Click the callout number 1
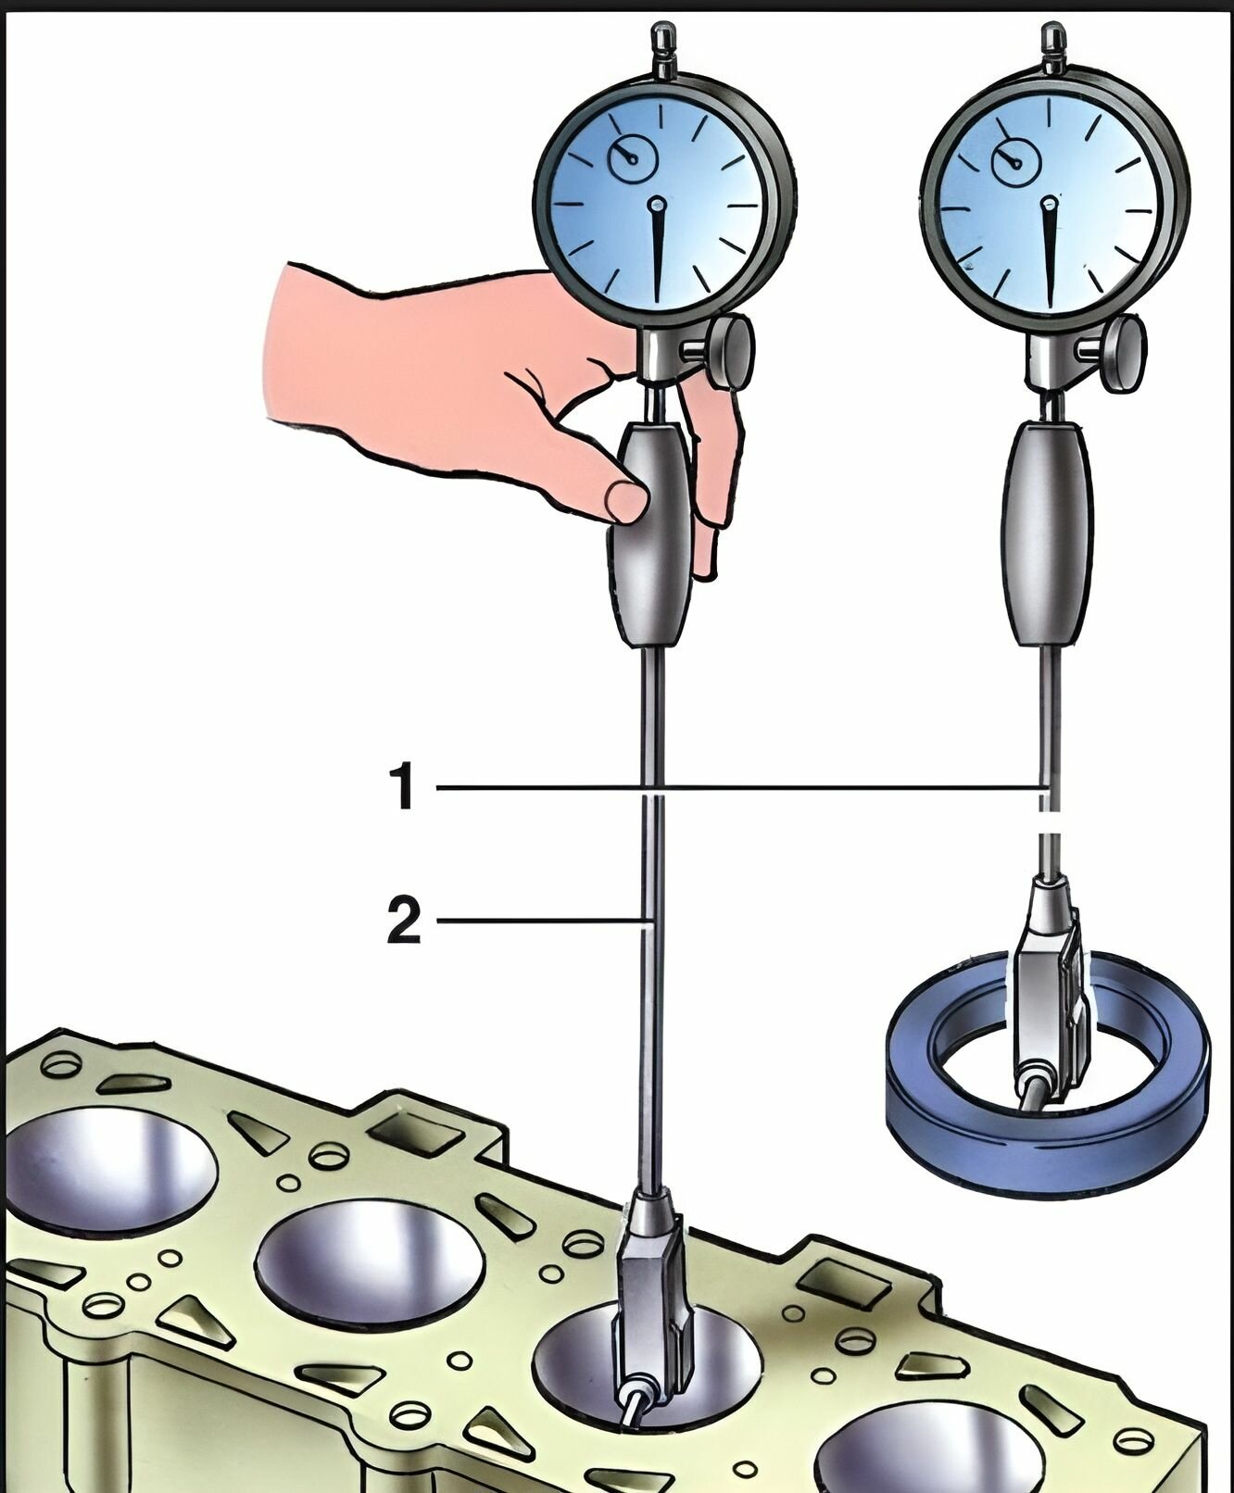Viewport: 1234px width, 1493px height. [401, 787]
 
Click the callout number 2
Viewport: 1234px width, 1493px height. [403, 922]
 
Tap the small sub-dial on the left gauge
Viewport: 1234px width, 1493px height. [632, 159]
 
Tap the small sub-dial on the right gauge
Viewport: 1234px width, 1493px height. [1015, 161]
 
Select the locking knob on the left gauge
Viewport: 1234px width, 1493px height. [733, 352]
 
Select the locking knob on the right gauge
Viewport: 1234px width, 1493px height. [1123, 354]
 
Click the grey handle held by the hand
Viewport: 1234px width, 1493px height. [648, 574]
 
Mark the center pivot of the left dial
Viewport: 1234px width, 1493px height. [658, 203]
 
